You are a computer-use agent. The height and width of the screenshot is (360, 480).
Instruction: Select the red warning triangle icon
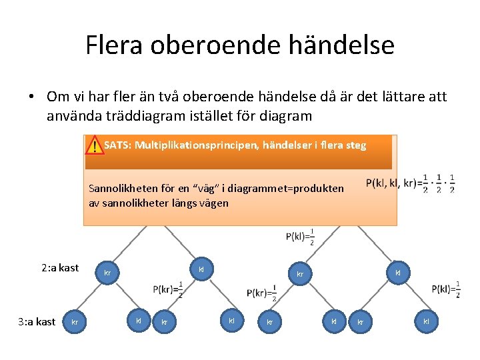coord(95,145)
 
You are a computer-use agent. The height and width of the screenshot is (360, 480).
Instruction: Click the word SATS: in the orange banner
coord(117,145)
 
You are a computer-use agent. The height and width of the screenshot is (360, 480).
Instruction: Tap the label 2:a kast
coord(59,268)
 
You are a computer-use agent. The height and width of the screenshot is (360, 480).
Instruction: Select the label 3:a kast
coord(36,322)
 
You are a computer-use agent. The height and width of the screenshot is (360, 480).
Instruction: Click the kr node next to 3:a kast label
coord(75,323)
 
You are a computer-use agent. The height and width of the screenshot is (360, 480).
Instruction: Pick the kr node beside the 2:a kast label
coord(107,273)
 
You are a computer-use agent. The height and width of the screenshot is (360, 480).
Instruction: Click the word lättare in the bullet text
coord(389,97)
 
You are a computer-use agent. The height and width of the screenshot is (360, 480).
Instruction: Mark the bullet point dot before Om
coord(31,97)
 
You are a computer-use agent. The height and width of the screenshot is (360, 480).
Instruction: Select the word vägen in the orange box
coord(214,203)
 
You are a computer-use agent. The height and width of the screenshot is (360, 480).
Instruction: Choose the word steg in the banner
coord(355,145)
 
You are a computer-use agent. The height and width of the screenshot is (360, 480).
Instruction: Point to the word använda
coord(72,116)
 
